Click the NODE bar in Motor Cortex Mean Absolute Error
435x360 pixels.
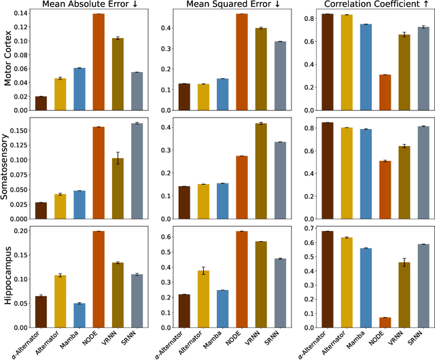coord(99,62)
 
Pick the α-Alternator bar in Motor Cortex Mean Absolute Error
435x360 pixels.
coord(41,103)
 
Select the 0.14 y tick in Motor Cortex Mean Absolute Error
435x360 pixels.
coord(20,14)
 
